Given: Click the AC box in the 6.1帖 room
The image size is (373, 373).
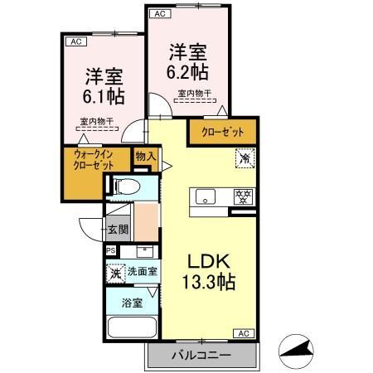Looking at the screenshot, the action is (x=76, y=41).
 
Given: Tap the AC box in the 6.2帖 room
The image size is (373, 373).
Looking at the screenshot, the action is (x=160, y=14).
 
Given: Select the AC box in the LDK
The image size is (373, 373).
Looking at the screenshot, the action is (x=244, y=333).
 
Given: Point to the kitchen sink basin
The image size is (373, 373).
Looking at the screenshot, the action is (x=206, y=196).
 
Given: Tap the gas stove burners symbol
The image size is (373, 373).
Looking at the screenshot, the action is (x=244, y=196).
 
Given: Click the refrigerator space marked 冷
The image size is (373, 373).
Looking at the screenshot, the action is (x=245, y=158).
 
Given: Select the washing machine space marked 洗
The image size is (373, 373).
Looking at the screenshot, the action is (x=116, y=274).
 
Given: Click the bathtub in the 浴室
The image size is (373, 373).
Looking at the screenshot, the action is (x=132, y=327).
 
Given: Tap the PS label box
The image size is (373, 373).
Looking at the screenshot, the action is (x=111, y=251).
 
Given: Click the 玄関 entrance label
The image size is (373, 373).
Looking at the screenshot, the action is (x=118, y=229).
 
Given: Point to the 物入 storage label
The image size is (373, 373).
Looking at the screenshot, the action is (x=146, y=157).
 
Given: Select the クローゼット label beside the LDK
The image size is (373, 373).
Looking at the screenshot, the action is (x=223, y=132).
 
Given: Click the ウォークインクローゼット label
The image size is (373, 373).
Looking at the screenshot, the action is (x=93, y=160).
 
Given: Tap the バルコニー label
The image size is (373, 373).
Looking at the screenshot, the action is (x=201, y=355).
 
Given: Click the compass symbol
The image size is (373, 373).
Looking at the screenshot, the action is (x=296, y=351).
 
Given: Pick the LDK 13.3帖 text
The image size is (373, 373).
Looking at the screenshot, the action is (x=209, y=272).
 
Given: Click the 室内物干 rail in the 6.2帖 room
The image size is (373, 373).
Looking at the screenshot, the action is (x=195, y=101).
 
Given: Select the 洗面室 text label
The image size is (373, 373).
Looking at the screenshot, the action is (x=143, y=272).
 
